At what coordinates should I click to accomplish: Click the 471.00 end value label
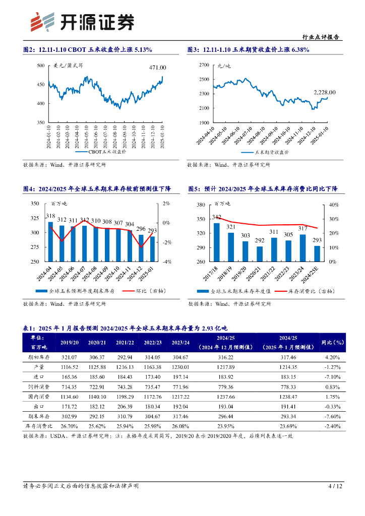tap(157, 67)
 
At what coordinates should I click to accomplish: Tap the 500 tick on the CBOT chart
tap(41, 66)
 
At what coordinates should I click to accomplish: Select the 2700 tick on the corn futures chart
tap(204, 65)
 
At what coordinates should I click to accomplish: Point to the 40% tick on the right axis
tap(333, 205)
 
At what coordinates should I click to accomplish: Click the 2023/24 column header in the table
tap(180, 342)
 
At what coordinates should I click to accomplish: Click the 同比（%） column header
tap(332, 342)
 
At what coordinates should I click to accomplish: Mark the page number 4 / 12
tap(335, 486)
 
